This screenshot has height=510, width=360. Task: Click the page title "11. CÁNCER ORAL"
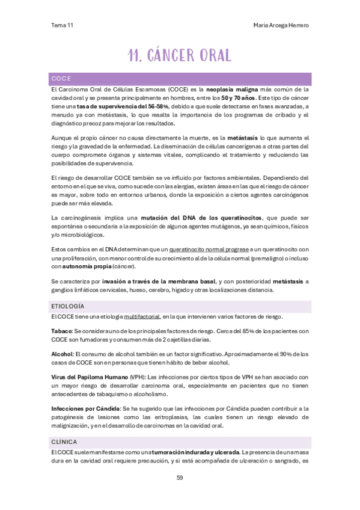[x=180, y=55]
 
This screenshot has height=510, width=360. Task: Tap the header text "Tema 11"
[x=63, y=25]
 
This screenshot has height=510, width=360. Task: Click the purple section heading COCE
[x=61, y=78]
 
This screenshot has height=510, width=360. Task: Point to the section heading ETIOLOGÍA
[x=68, y=307]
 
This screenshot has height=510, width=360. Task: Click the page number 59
[x=180, y=478]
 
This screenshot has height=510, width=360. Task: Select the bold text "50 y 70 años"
[x=237, y=97]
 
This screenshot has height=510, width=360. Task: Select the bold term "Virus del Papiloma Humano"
[x=90, y=377]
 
